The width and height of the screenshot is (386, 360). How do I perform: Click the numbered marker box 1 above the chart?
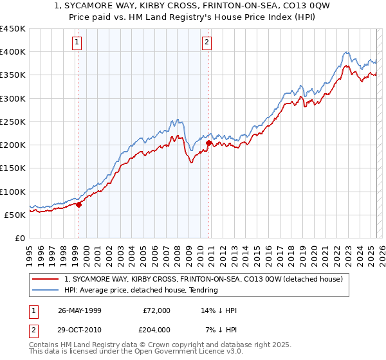point(77,43)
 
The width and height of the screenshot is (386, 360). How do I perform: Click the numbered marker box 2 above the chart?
point(207,43)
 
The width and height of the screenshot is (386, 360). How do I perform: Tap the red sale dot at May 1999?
point(79,204)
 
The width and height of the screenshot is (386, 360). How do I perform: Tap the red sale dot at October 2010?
point(209,143)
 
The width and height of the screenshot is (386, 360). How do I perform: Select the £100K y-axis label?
point(13,192)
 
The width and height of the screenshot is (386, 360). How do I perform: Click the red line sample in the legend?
point(46,279)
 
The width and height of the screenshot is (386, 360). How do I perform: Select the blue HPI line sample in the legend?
point(46,290)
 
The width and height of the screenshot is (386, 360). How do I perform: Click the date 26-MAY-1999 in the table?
point(80,310)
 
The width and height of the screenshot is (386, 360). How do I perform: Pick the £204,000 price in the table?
point(156,329)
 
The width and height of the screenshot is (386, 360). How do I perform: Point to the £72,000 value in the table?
point(156,310)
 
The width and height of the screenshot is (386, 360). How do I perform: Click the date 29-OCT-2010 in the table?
point(80,329)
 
